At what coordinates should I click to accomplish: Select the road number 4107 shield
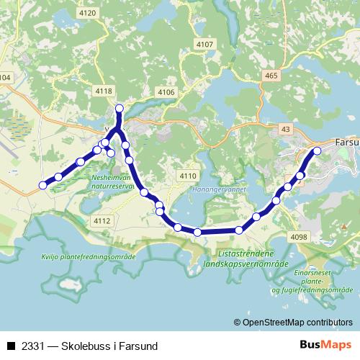pyautogui.click(x=205, y=44)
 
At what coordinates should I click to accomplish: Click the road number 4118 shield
pyautogui.click(x=104, y=91)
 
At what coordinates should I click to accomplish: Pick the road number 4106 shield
pyautogui.click(x=166, y=92)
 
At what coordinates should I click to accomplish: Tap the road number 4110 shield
pyautogui.click(x=188, y=176)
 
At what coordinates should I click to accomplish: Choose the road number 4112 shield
pyautogui.click(x=102, y=220)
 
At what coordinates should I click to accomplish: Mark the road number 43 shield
pyautogui.click(x=287, y=129)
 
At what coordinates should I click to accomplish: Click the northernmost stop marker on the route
pyautogui.click(x=120, y=109)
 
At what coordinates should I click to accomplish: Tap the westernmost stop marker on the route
pyautogui.click(x=42, y=185)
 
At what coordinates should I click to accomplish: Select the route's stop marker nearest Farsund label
pyautogui.click(x=317, y=151)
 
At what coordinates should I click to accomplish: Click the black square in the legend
pyautogui.click(x=11, y=346)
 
